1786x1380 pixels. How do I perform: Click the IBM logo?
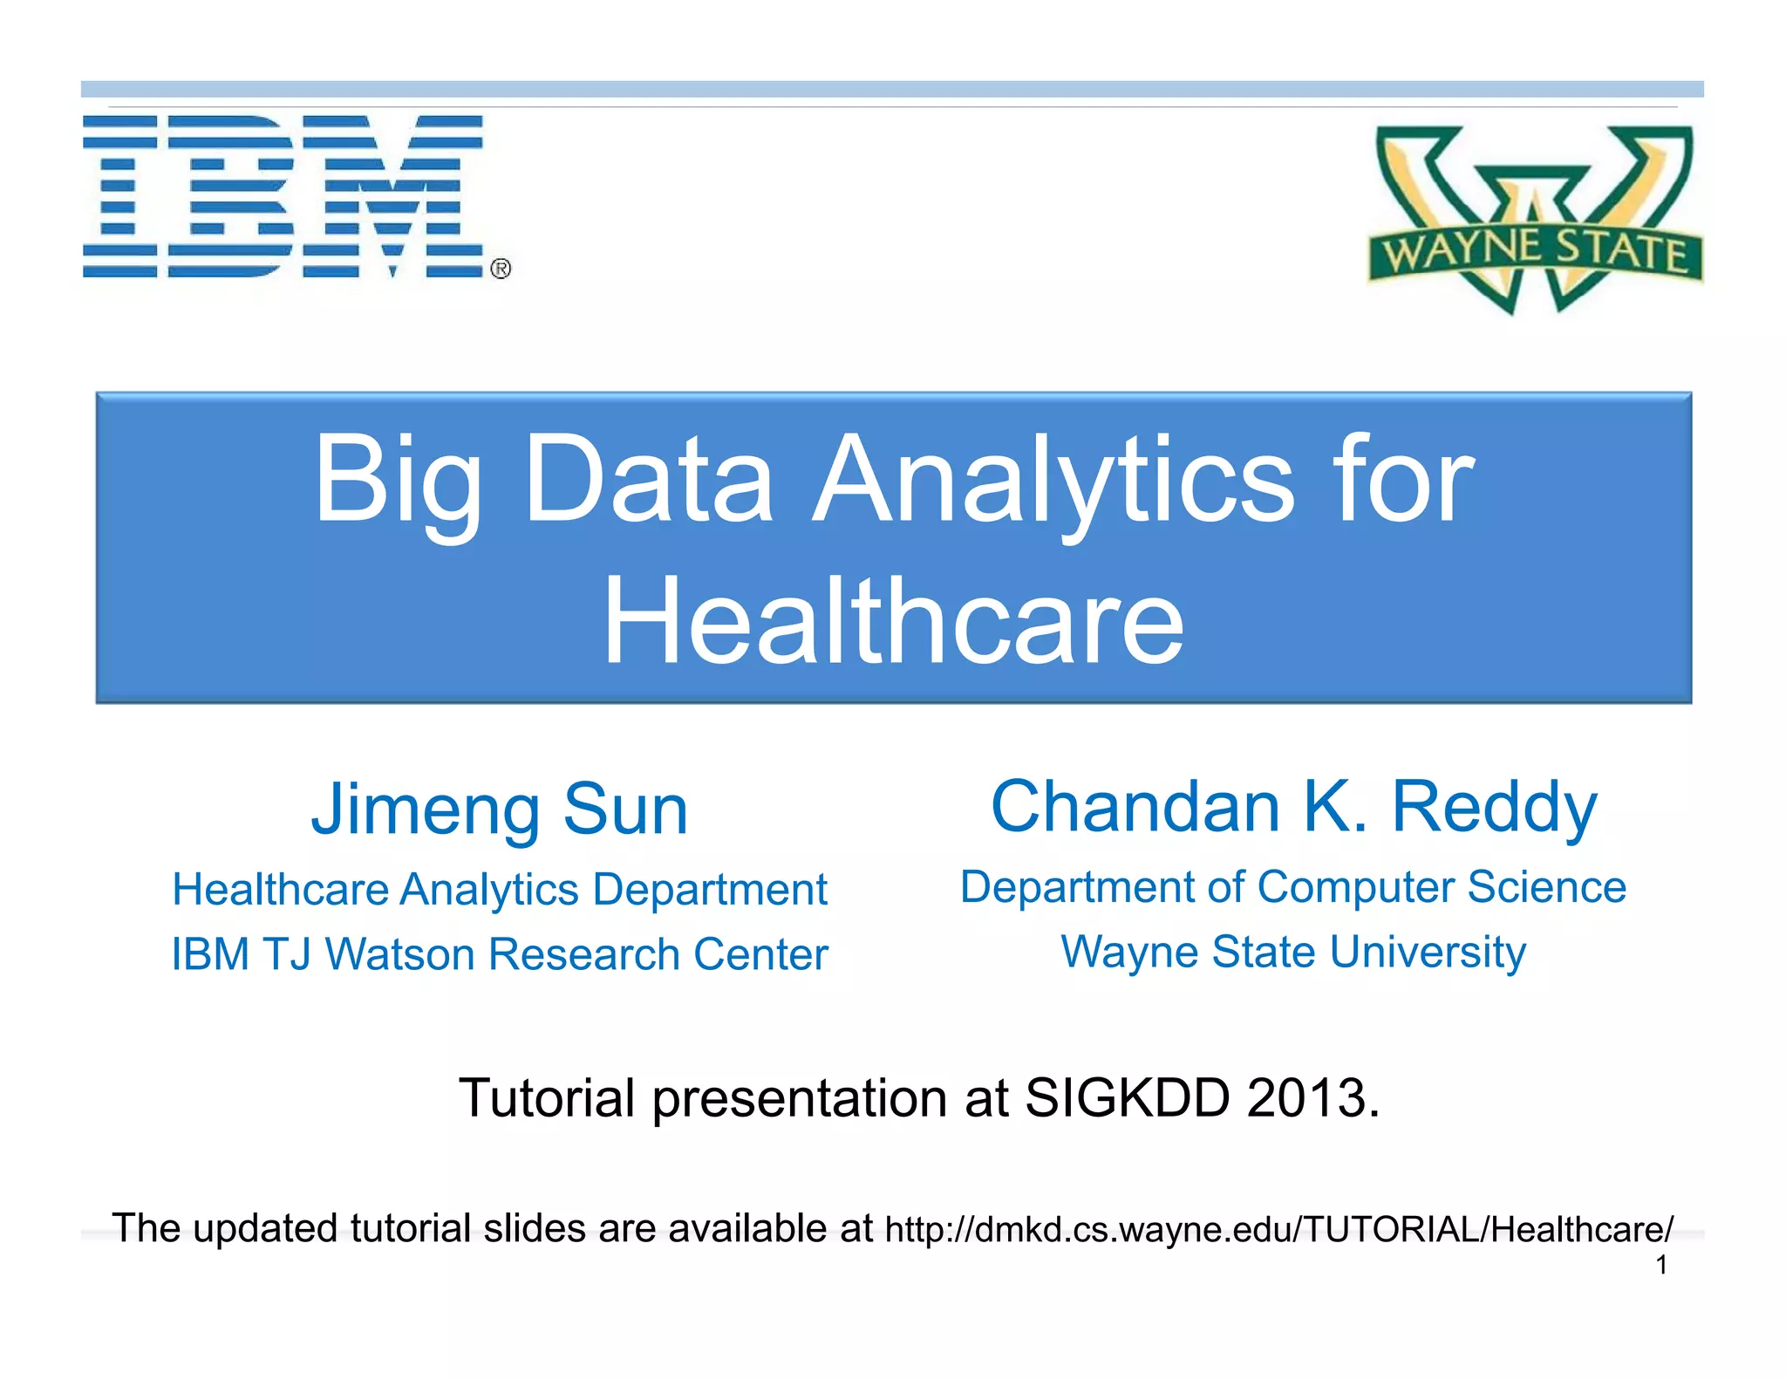(x=283, y=196)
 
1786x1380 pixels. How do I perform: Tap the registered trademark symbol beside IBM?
(x=501, y=269)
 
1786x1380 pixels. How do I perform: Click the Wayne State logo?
(x=1535, y=220)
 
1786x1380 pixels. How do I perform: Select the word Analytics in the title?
(x=1053, y=482)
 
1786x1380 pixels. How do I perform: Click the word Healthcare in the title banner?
(x=893, y=621)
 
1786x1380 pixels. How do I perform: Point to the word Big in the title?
(x=398, y=482)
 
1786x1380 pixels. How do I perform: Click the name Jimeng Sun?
(x=500, y=810)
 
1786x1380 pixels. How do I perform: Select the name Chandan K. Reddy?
(x=1294, y=807)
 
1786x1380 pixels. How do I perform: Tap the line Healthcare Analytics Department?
(x=500, y=890)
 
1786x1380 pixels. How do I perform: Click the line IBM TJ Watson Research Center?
(x=500, y=954)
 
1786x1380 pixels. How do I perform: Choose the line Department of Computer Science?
(x=1293, y=887)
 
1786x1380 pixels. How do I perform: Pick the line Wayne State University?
(x=1293, y=952)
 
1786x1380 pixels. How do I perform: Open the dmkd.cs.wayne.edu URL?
(x=1278, y=1229)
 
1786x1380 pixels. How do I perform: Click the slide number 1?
(x=1662, y=1265)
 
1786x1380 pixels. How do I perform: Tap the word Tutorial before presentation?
(x=547, y=1097)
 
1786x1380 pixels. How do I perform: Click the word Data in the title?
(x=649, y=482)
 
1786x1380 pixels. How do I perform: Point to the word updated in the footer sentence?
(x=266, y=1229)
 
